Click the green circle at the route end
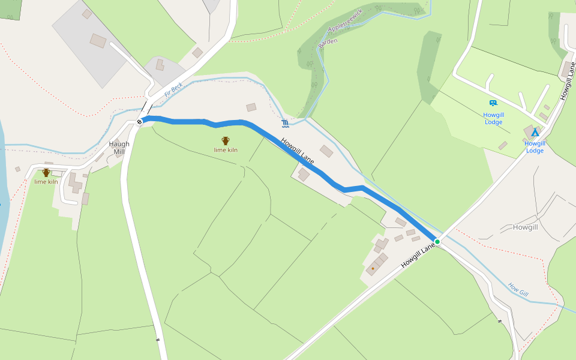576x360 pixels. click(x=437, y=242)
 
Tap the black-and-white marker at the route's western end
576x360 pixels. click(x=140, y=122)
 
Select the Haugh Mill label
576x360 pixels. click(x=119, y=148)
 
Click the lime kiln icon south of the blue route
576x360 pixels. click(x=226, y=140)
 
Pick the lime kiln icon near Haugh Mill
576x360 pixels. click(x=46, y=173)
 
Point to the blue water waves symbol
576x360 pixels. click(x=285, y=124)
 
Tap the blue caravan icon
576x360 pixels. click(x=493, y=103)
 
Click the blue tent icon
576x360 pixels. click(x=535, y=132)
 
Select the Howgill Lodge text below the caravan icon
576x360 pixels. click(x=493, y=118)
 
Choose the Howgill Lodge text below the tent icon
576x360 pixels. click(x=535, y=147)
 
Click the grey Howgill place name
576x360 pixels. click(x=526, y=227)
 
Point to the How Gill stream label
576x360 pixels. click(x=518, y=289)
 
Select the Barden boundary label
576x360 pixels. click(x=328, y=43)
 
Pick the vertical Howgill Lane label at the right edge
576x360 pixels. click(x=568, y=80)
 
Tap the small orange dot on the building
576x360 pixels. click(x=373, y=268)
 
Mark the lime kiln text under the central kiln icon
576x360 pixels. click(x=226, y=150)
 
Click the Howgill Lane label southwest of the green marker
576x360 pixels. click(x=418, y=255)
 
